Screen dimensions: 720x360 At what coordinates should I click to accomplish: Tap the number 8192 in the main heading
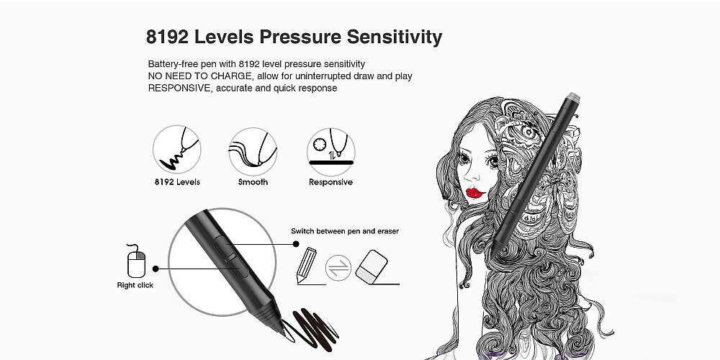click(167, 37)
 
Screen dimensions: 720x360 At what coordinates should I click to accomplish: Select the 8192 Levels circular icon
click(177, 149)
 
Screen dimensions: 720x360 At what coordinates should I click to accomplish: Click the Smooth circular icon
click(253, 151)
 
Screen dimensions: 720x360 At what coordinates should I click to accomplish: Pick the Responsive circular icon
click(330, 151)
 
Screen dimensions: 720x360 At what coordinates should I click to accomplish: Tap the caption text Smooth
click(253, 182)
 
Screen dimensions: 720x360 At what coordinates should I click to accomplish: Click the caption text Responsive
click(330, 182)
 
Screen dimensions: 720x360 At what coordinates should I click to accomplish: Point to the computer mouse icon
click(136, 261)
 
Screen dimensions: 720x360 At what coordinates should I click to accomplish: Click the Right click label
click(135, 285)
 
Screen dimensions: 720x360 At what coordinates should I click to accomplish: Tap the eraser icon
click(372, 267)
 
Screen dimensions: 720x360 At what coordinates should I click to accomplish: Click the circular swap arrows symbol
click(338, 268)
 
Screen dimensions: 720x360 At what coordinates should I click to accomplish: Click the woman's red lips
click(474, 193)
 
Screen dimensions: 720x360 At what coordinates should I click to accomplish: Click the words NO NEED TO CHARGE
click(199, 76)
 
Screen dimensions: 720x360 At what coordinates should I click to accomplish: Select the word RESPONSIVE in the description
click(179, 88)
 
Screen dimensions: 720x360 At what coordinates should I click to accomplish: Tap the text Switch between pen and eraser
click(345, 231)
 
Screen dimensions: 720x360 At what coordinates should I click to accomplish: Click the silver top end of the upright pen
click(573, 97)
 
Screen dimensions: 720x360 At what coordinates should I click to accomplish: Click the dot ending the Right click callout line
click(156, 269)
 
